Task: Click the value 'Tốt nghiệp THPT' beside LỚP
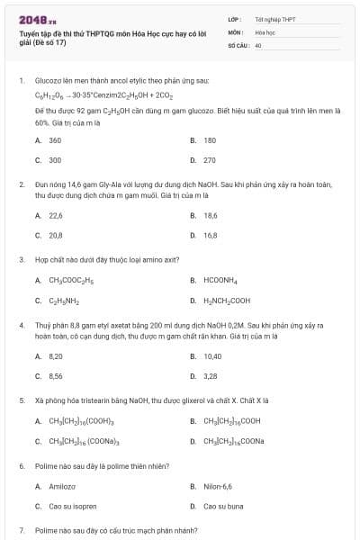(274, 18)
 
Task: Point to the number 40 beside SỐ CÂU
(258, 44)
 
